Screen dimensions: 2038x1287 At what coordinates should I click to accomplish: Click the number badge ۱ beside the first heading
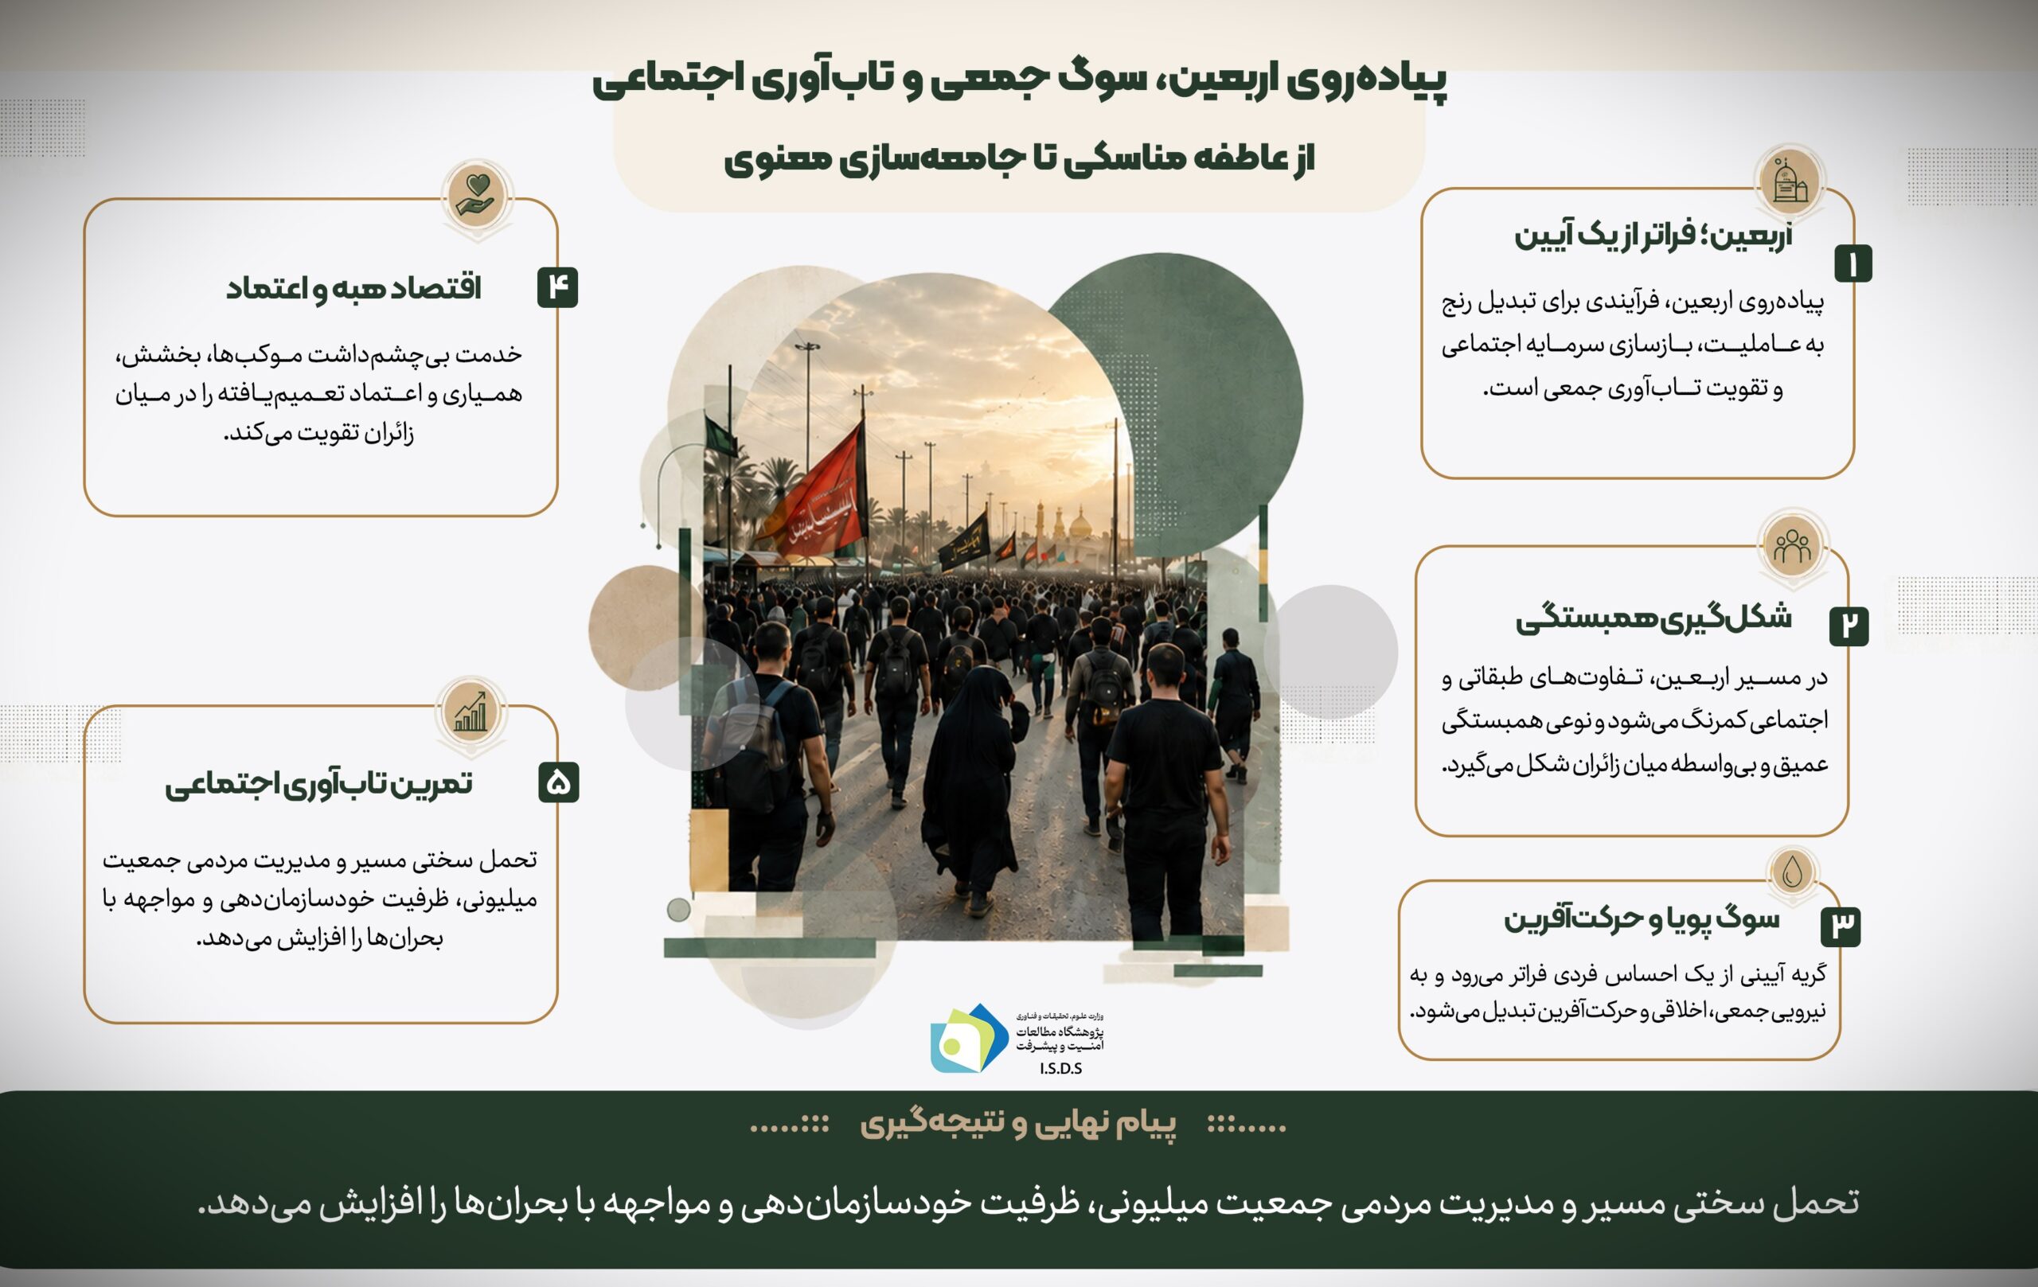click(1853, 263)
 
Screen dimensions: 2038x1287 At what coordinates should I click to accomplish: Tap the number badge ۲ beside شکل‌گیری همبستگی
click(1849, 626)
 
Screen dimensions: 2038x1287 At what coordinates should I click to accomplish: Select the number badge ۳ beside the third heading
click(1841, 926)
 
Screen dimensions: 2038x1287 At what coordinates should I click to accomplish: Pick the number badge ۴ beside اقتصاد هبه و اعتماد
click(558, 287)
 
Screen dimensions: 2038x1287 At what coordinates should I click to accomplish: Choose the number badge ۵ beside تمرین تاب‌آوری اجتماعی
click(559, 782)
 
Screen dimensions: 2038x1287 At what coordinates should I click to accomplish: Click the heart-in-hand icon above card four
click(478, 196)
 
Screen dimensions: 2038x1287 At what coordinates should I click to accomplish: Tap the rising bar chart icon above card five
click(471, 713)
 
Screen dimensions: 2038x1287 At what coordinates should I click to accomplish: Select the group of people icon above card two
click(1793, 546)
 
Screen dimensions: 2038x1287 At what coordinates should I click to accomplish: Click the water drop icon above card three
click(1793, 872)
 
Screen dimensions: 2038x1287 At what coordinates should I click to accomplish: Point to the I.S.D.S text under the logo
click(1060, 1069)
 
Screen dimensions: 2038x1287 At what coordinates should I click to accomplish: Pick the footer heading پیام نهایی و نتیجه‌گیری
click(1018, 1124)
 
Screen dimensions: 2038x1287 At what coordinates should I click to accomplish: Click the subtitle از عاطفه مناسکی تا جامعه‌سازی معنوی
click(1019, 158)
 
